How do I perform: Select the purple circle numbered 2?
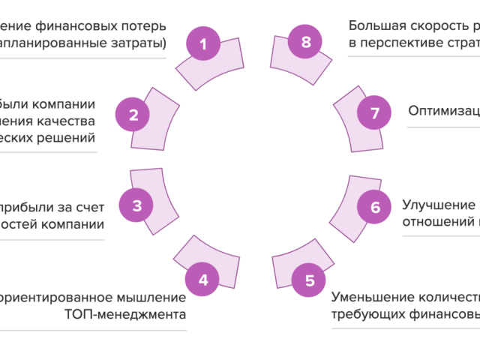click(133, 115)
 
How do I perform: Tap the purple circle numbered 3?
click(137, 205)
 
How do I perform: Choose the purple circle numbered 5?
click(309, 281)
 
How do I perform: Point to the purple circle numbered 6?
click(375, 207)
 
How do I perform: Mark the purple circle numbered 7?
click(374, 113)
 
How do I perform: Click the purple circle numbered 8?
click(305, 42)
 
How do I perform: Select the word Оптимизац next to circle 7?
click(444, 111)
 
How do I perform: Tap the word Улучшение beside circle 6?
click(439, 204)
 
